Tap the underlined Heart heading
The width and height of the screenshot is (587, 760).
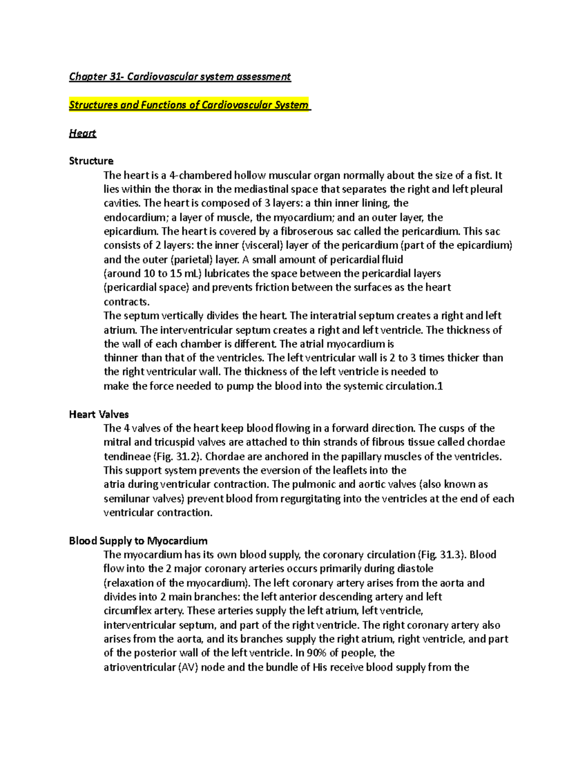pyautogui.click(x=83, y=133)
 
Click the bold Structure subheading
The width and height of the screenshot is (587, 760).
pyautogui.click(x=91, y=161)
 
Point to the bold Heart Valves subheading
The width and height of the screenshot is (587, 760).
pyautogui.click(x=99, y=415)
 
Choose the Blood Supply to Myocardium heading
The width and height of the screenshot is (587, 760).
pyautogui.click(x=138, y=541)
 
